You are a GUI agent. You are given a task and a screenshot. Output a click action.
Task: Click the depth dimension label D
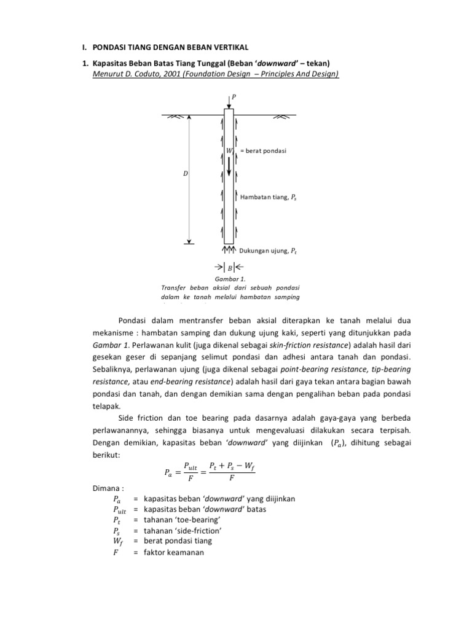[185, 174]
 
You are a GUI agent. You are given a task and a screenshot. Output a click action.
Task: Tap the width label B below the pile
[229, 267]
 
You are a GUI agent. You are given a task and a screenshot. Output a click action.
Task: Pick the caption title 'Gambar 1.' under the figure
[229, 279]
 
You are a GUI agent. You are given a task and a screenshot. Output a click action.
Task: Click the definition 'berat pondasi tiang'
[178, 541]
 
